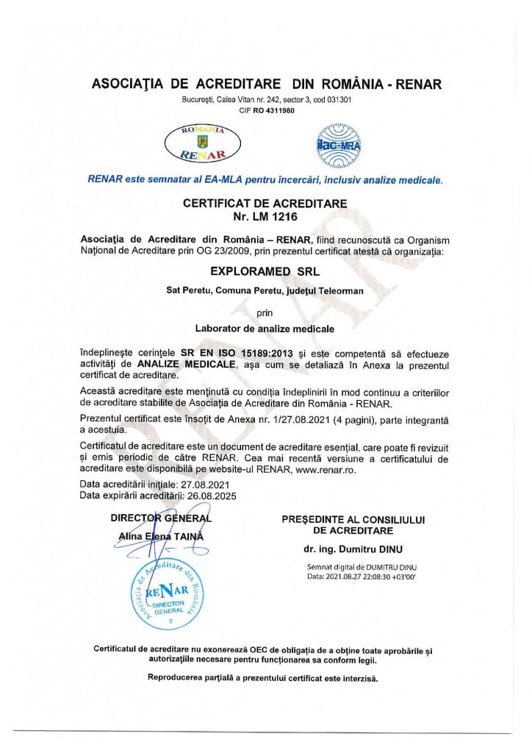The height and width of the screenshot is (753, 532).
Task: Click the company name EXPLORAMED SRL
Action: coord(265,270)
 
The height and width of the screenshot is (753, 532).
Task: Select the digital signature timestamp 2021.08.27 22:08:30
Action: coord(370,576)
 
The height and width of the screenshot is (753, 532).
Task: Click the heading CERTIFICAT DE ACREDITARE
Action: coord(265,203)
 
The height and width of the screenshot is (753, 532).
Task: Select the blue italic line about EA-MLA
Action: coord(265,179)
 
